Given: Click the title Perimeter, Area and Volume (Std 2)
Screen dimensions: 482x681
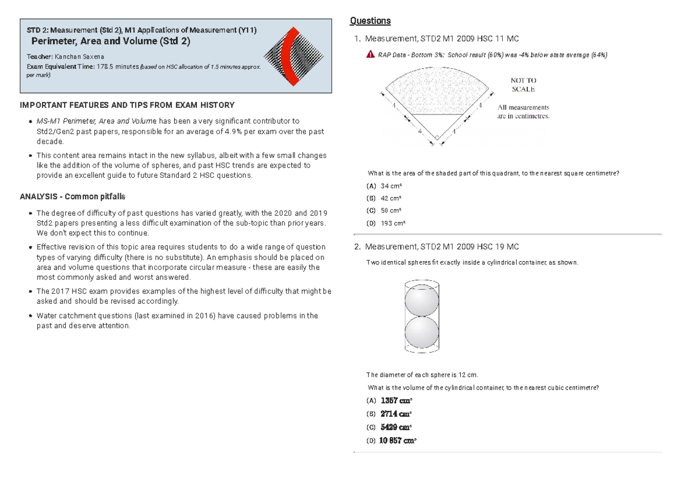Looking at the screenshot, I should click(x=111, y=41).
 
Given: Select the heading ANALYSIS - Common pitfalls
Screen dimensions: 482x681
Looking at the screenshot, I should click(x=73, y=196).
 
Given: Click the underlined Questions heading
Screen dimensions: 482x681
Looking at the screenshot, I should click(x=370, y=21).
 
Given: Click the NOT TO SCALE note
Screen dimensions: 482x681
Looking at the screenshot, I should click(x=523, y=85).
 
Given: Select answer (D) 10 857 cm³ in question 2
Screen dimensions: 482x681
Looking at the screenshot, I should click(x=392, y=441).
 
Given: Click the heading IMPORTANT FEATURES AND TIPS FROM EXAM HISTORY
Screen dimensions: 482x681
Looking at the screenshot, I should click(x=127, y=105).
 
